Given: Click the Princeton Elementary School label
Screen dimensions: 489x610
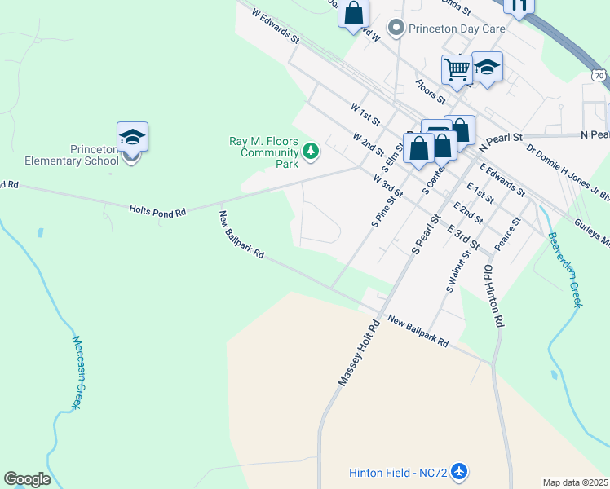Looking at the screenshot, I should (x=72, y=155).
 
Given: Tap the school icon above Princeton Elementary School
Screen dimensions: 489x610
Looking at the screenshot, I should (x=132, y=137).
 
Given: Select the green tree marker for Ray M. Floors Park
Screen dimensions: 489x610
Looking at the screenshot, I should (x=310, y=151).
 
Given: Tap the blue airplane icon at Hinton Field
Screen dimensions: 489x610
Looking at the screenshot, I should (x=459, y=471).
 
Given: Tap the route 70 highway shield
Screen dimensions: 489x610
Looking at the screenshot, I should (x=599, y=75).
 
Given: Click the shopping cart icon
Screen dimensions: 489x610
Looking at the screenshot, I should (x=457, y=70).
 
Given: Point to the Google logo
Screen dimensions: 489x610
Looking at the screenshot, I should (x=27, y=479).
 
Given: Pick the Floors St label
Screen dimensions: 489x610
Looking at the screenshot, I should (x=430, y=91).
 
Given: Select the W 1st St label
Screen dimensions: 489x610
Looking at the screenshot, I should (x=365, y=113).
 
